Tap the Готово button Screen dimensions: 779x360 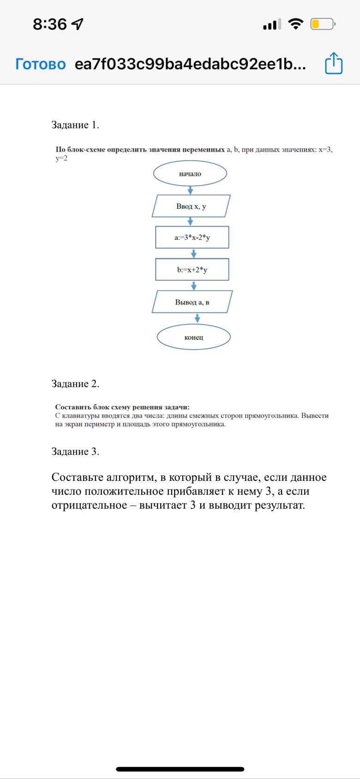tap(41, 64)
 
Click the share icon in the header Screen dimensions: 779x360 tap(334, 64)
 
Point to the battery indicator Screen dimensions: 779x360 tap(322, 24)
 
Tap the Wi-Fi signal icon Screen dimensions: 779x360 tap(295, 24)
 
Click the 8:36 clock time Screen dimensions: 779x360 tap(50, 24)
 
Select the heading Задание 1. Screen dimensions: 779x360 tap(75, 125)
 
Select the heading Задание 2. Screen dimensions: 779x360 tap(75, 384)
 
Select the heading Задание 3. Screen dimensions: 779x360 tap(75, 451)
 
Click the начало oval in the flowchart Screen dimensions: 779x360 tap(190, 174)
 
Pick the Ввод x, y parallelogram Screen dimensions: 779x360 tap(191, 206)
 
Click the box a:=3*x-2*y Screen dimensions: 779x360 tap(192, 238)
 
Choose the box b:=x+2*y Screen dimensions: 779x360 tap(192, 270)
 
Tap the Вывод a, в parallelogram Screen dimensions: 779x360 tap(192, 302)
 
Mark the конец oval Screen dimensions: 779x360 tap(193, 337)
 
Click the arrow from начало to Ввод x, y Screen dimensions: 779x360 tap(190, 190)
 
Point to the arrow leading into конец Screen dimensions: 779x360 tap(198, 318)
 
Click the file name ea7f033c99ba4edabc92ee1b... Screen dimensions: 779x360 tap(190, 64)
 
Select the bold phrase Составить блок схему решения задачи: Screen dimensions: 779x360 tap(122, 407)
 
